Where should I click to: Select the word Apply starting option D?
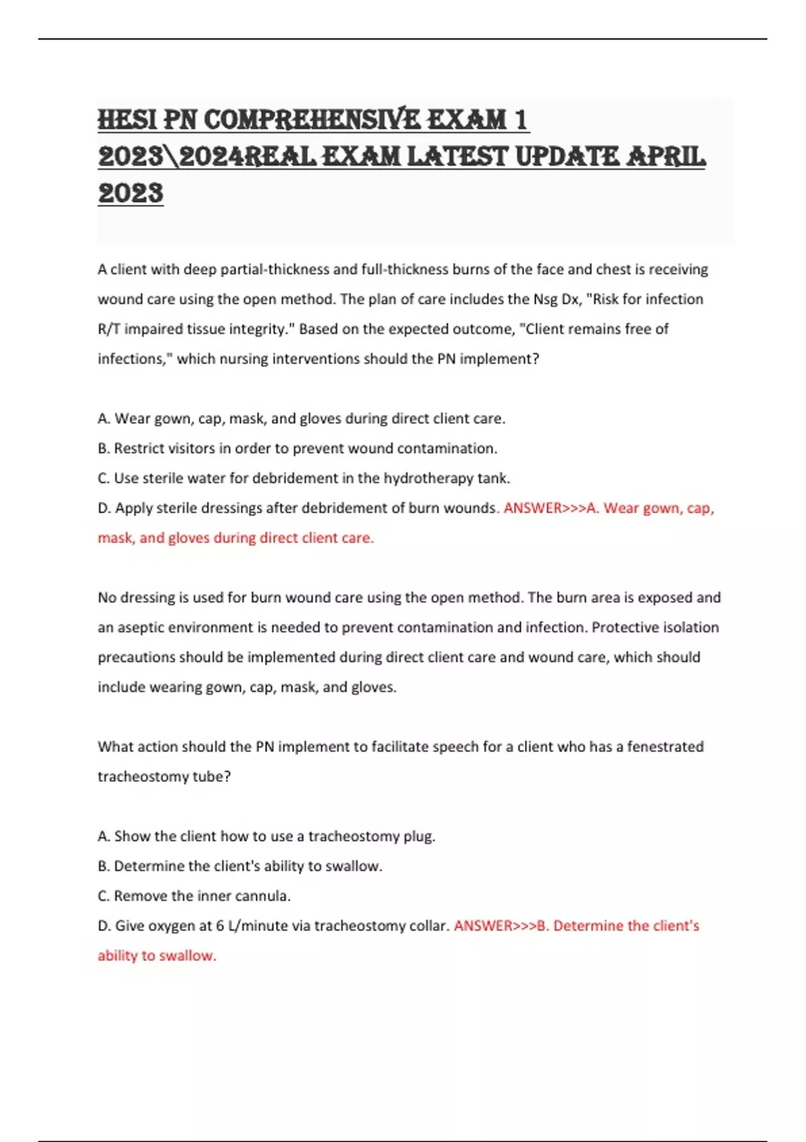(134, 508)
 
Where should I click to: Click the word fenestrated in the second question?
(665, 746)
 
